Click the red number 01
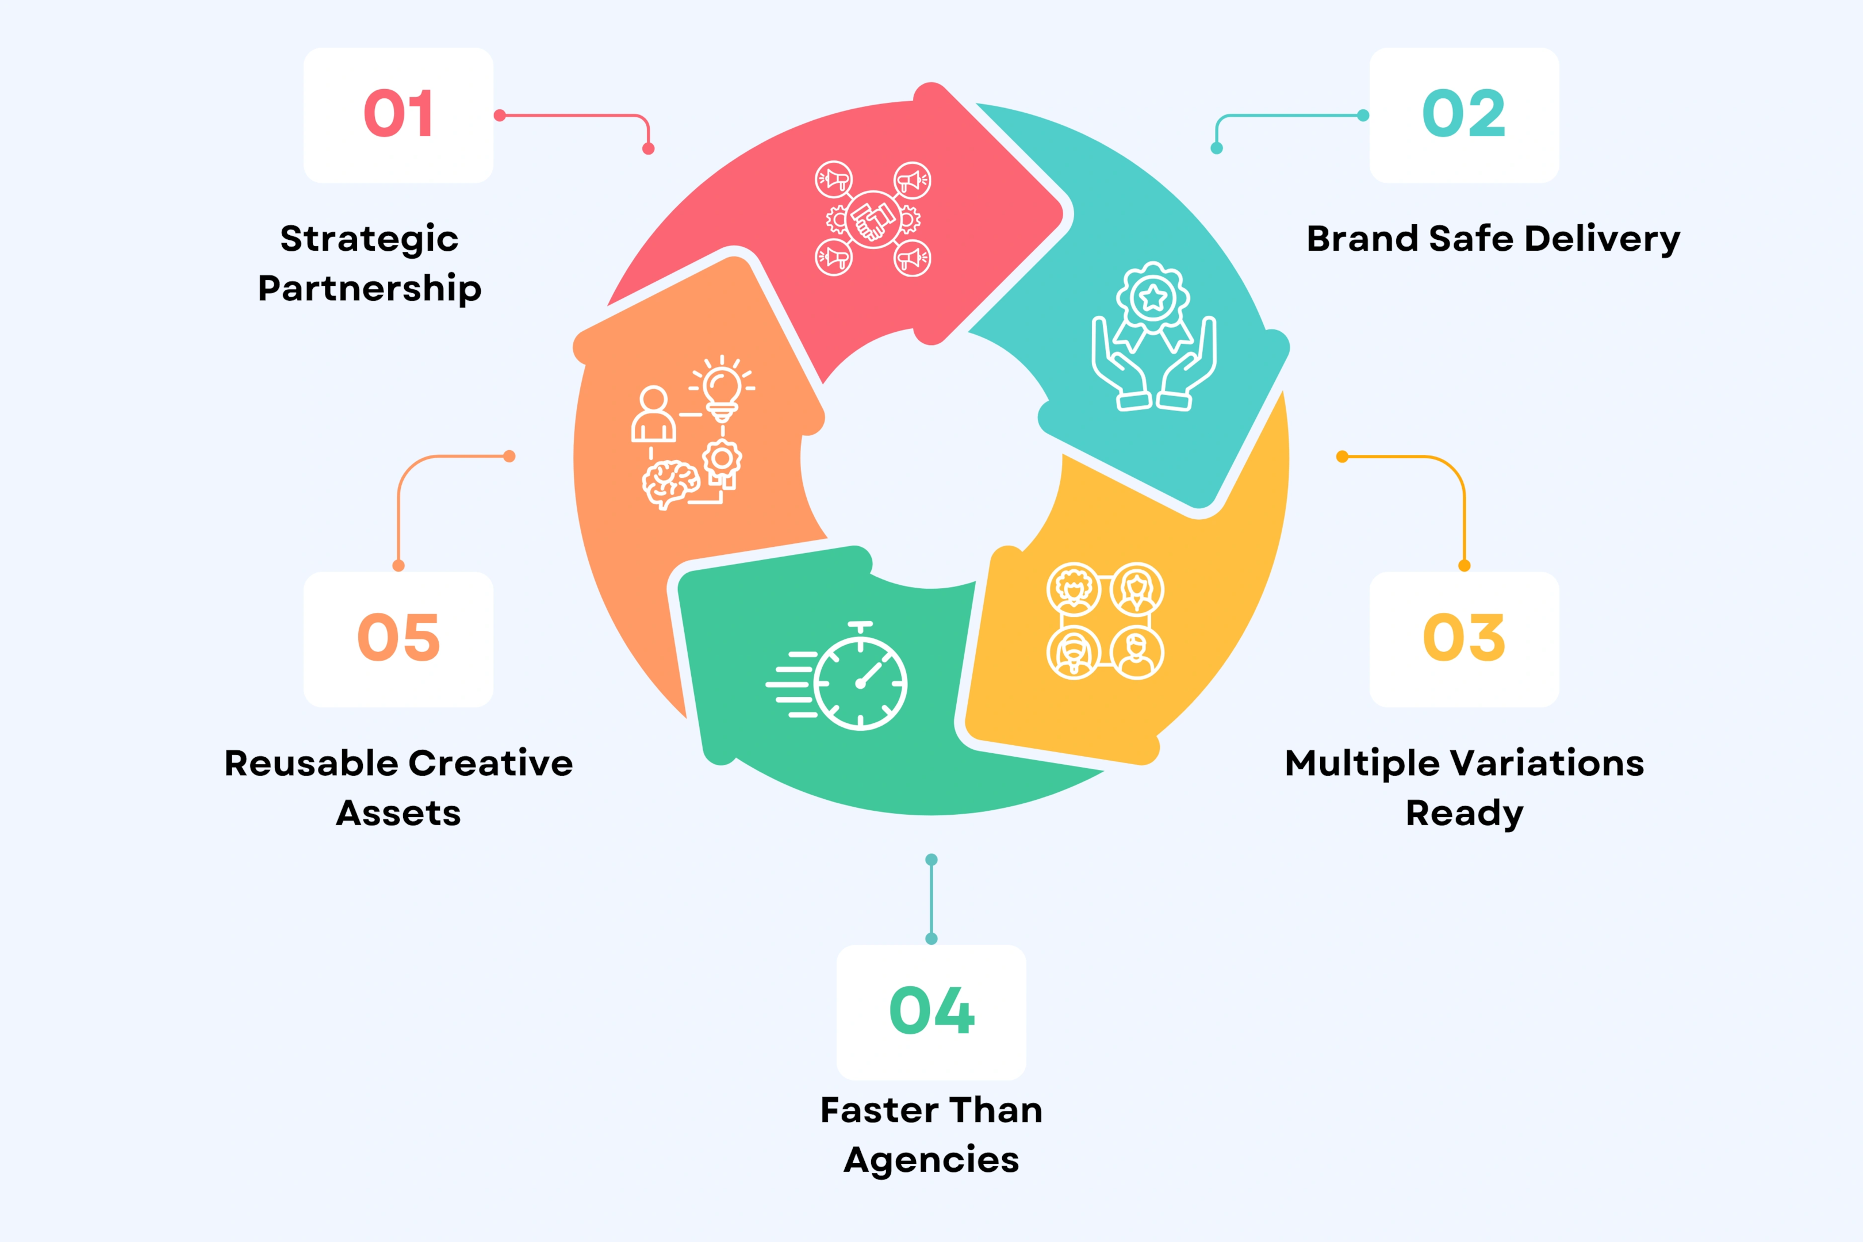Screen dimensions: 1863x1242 398,114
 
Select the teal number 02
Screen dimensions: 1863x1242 1464,114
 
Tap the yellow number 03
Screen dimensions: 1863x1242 1464,638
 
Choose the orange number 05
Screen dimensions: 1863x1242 398,638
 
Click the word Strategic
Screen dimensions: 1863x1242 369,239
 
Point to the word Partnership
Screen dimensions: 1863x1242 369,288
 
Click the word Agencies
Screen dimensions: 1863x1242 931,1160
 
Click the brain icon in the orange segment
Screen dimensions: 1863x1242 670,483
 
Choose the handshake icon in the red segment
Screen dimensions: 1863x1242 873,218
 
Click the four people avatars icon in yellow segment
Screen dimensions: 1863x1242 1105,620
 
